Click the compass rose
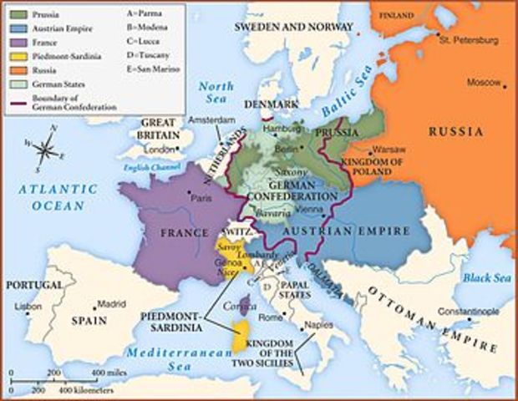(46, 150)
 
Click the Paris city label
(199, 199)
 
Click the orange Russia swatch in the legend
(18, 71)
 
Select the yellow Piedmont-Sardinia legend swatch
(18, 57)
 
